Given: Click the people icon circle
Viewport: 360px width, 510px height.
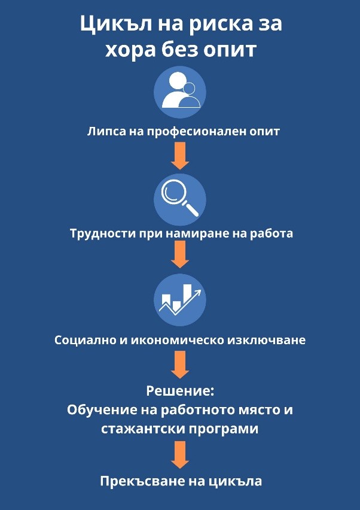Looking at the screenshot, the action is [x=179, y=92].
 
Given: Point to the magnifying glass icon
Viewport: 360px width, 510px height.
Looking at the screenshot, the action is [x=179, y=199].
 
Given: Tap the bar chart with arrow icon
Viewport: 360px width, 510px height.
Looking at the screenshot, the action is [x=179, y=299].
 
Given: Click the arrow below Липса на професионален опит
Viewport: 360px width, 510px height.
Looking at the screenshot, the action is [x=179, y=156].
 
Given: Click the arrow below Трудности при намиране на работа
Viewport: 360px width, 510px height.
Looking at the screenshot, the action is [x=179, y=254].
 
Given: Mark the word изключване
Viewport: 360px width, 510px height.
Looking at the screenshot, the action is [x=267, y=341].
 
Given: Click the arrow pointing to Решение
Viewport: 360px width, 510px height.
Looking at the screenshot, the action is [x=179, y=365].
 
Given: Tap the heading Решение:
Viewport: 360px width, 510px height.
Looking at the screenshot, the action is [x=179, y=391].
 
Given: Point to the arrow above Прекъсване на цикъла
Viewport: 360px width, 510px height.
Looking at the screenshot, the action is [x=179, y=455].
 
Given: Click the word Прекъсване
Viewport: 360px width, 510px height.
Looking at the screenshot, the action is [x=136, y=481].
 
